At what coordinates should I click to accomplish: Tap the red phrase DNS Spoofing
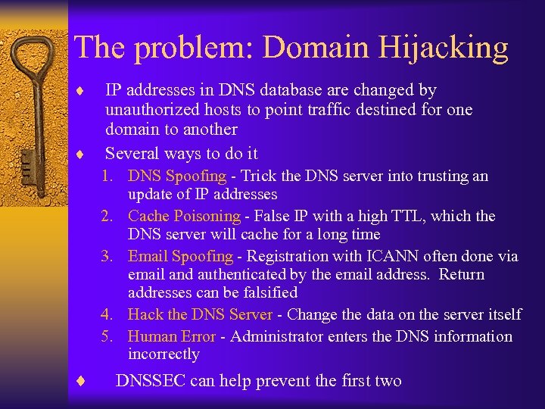177,176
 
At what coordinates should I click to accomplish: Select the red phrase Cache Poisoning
184,217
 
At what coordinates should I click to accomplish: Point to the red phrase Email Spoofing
180,257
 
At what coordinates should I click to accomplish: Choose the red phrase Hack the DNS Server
200,314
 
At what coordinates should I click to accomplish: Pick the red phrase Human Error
172,336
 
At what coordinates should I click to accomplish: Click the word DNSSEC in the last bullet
150,381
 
